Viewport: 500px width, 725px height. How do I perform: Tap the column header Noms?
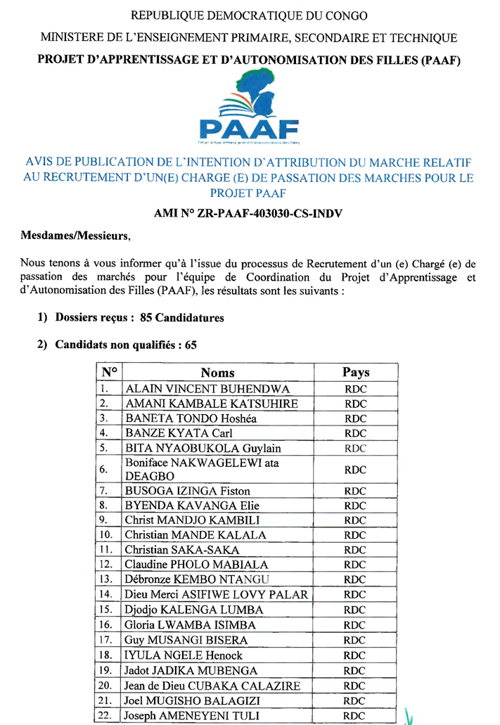point(217,373)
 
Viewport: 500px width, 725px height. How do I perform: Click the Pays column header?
point(356,372)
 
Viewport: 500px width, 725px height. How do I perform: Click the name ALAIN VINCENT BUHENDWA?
point(207,389)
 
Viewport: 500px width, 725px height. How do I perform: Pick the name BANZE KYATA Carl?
point(178,433)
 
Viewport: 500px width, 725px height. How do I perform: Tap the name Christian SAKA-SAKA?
point(182,550)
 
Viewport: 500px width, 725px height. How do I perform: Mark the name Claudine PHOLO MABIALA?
point(196,565)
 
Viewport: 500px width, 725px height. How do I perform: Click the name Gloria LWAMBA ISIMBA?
point(190,624)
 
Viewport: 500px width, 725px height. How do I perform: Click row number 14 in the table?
point(107,595)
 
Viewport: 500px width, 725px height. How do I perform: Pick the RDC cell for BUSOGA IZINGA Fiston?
point(356,491)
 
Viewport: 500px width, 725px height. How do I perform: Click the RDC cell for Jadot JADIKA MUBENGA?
point(356,671)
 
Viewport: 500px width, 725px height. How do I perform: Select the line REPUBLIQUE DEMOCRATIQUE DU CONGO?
point(249,15)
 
